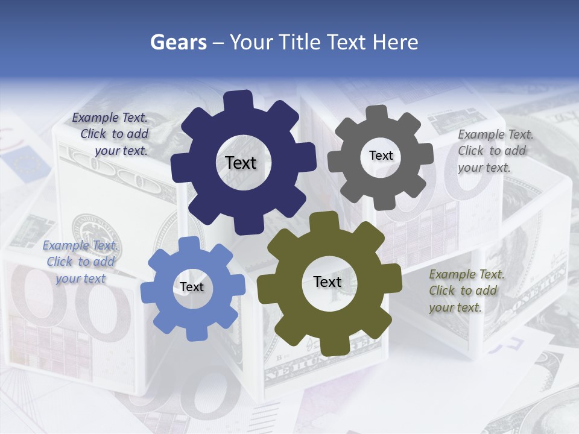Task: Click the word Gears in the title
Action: pos(178,42)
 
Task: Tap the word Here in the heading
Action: pos(395,42)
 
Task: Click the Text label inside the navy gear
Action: pos(241,163)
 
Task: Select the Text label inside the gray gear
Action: pos(381,156)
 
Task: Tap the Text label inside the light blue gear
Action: pos(192,287)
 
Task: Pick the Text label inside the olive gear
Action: pos(327,282)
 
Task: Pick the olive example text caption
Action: pos(465,291)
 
